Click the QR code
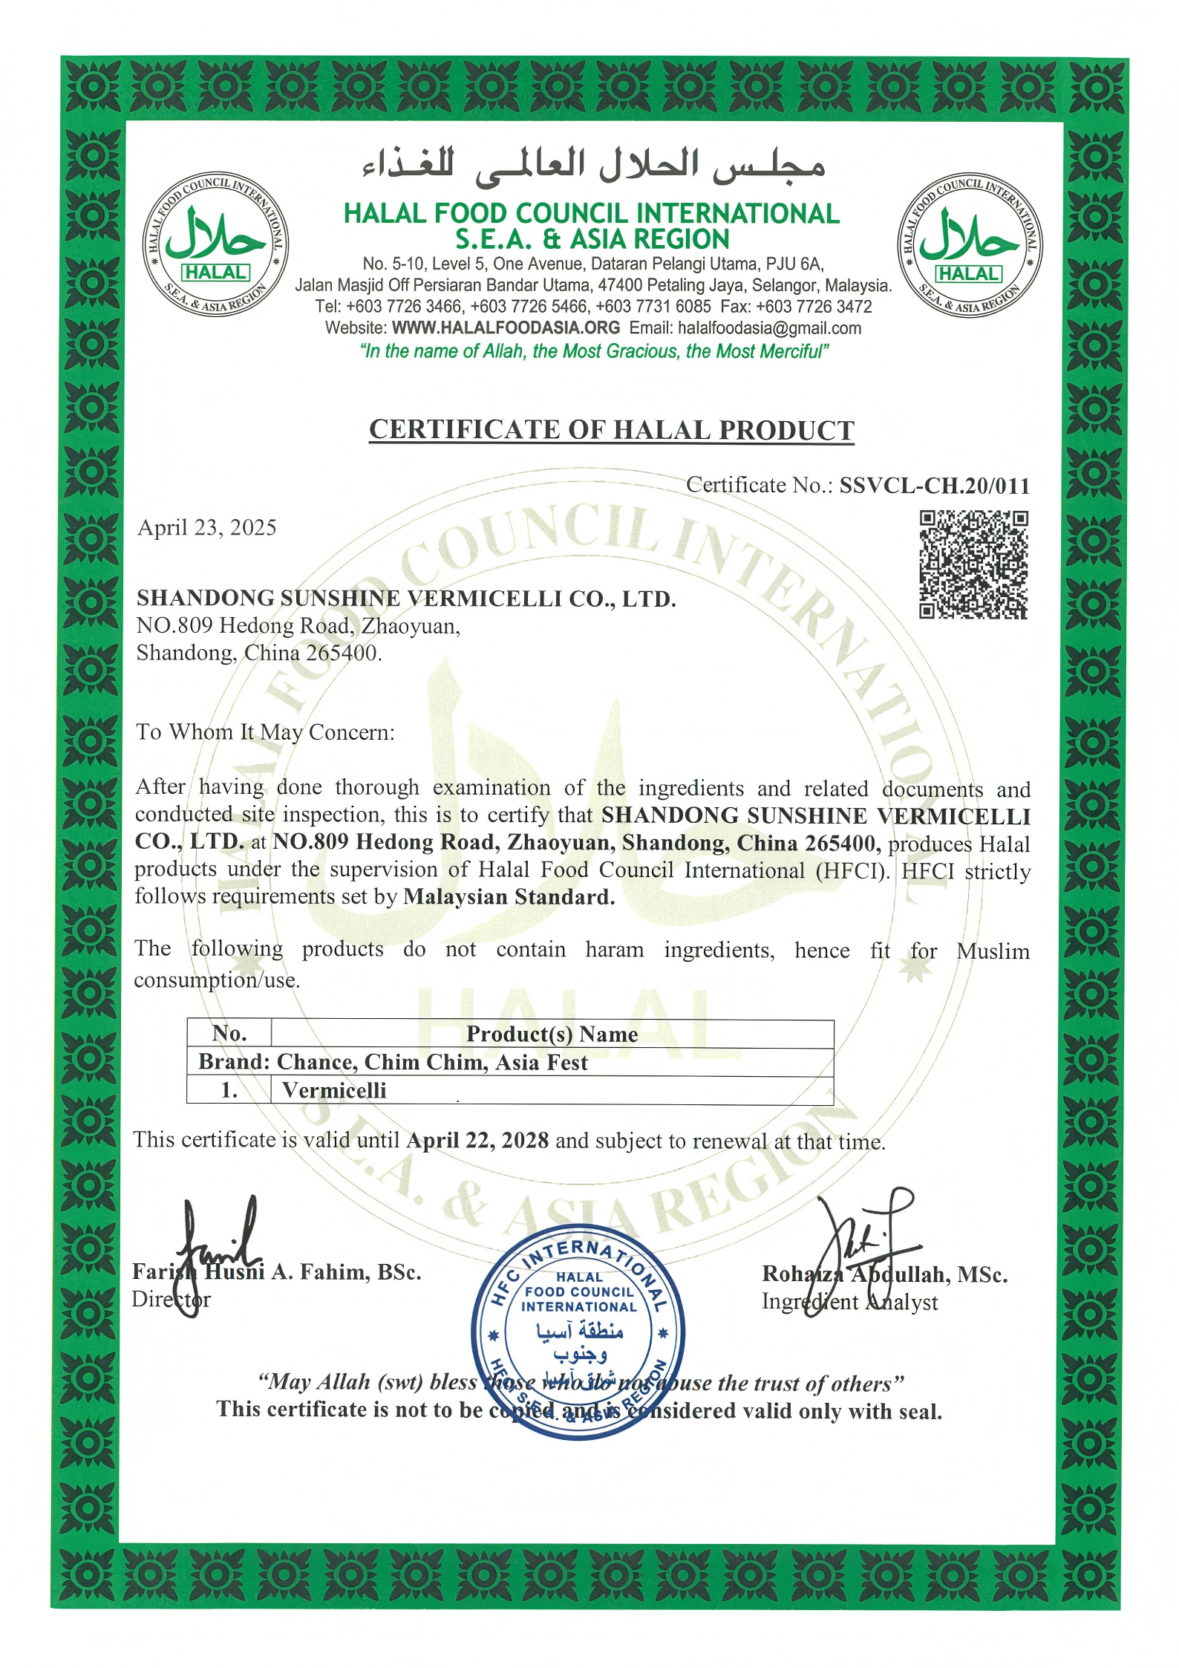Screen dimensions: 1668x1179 pyautogui.click(x=973, y=564)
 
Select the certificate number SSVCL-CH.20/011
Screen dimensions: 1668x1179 pyautogui.click(x=935, y=486)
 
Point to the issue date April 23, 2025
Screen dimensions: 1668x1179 pyautogui.click(x=207, y=528)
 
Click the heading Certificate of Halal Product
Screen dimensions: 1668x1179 pyautogui.click(x=611, y=431)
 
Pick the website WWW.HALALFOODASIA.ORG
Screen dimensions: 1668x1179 pyautogui.click(x=506, y=328)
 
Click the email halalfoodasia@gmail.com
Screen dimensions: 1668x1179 pyautogui.click(x=769, y=328)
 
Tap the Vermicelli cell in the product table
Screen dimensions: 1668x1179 pyautogui.click(x=334, y=1090)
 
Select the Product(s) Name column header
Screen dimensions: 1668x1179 pyautogui.click(x=552, y=1034)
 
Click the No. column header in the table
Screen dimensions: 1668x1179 pyautogui.click(x=229, y=1033)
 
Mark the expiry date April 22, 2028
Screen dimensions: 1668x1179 pyautogui.click(x=477, y=1140)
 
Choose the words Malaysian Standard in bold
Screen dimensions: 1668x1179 pyautogui.click(x=509, y=897)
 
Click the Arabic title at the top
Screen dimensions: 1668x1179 pyautogui.click(x=594, y=165)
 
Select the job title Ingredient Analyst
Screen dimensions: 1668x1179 pyautogui.click(x=849, y=1302)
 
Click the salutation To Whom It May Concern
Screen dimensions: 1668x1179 pyautogui.click(x=265, y=732)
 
